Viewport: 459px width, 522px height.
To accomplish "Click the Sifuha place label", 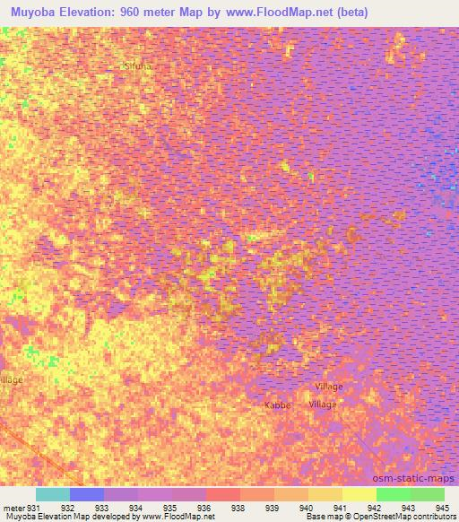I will [139, 66].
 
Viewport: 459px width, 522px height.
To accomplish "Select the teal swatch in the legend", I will [53, 494].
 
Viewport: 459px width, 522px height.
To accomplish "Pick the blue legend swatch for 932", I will [87, 494].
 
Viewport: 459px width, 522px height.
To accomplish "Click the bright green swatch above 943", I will [393, 494].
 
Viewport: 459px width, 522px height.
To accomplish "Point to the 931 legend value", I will [35, 507].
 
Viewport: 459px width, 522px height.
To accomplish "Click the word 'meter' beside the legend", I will [13, 507].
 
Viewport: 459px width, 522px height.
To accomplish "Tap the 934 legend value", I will [138, 507].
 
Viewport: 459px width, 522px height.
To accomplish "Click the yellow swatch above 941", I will [359, 494].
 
